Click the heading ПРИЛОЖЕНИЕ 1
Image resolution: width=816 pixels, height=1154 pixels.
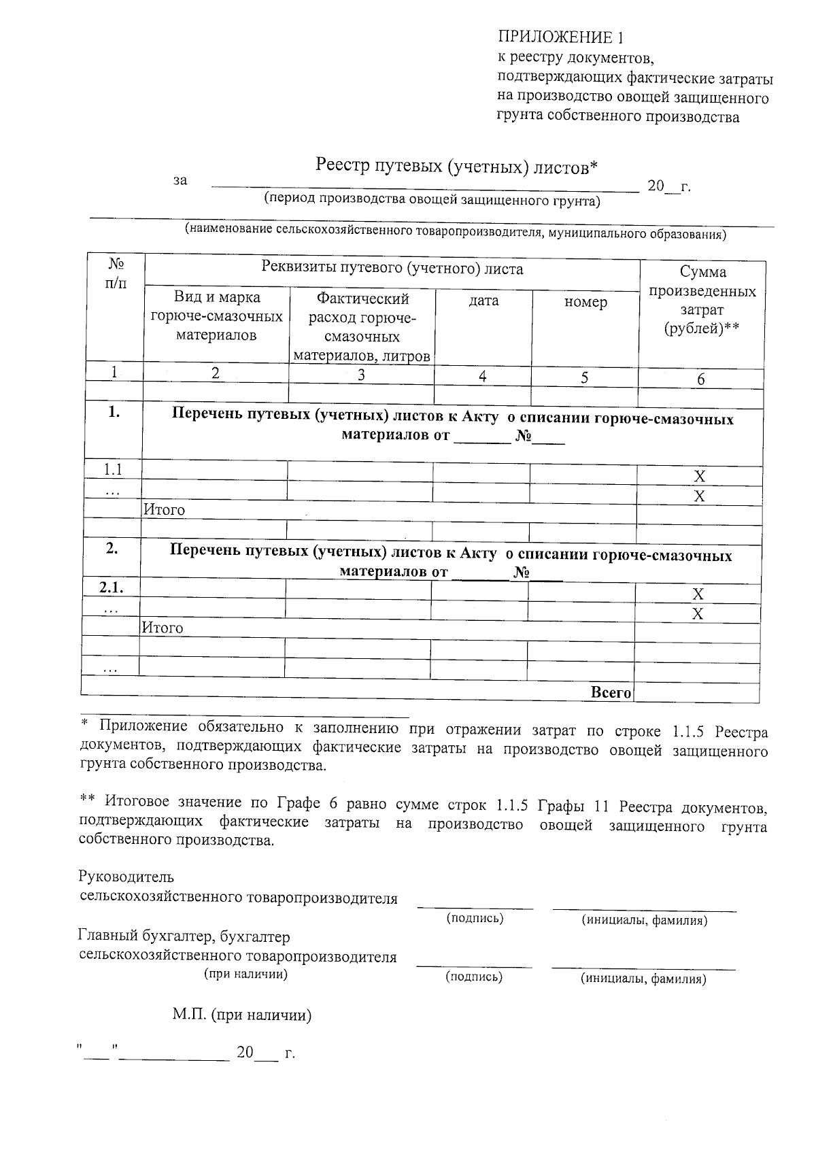point(560,37)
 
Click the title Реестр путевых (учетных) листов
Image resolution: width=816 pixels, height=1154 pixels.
point(456,166)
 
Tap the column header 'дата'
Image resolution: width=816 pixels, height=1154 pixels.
point(483,301)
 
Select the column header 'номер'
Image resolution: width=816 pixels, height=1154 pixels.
point(585,302)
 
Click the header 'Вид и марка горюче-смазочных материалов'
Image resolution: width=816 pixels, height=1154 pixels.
point(216,316)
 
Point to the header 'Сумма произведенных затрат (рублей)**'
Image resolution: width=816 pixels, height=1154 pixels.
point(702,300)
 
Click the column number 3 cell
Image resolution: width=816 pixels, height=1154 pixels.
point(361,375)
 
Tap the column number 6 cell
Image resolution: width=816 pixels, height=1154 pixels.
point(701,379)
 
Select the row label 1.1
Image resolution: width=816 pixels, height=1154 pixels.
point(113,469)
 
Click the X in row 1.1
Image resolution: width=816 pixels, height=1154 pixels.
point(699,476)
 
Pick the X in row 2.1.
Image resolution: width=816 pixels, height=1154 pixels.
point(698,594)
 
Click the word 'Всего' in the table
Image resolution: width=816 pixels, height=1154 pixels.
point(611,692)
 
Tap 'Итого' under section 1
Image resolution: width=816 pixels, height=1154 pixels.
point(164,509)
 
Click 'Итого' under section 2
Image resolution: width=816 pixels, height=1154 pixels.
point(162,628)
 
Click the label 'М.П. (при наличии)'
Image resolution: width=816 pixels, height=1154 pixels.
point(242,1015)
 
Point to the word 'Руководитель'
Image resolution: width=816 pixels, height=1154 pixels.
point(126,877)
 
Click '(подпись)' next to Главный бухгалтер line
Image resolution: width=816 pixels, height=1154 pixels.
point(474,977)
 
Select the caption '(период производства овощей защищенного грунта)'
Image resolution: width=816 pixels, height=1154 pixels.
point(432,201)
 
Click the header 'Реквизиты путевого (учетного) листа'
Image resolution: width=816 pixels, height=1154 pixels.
point(392,269)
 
